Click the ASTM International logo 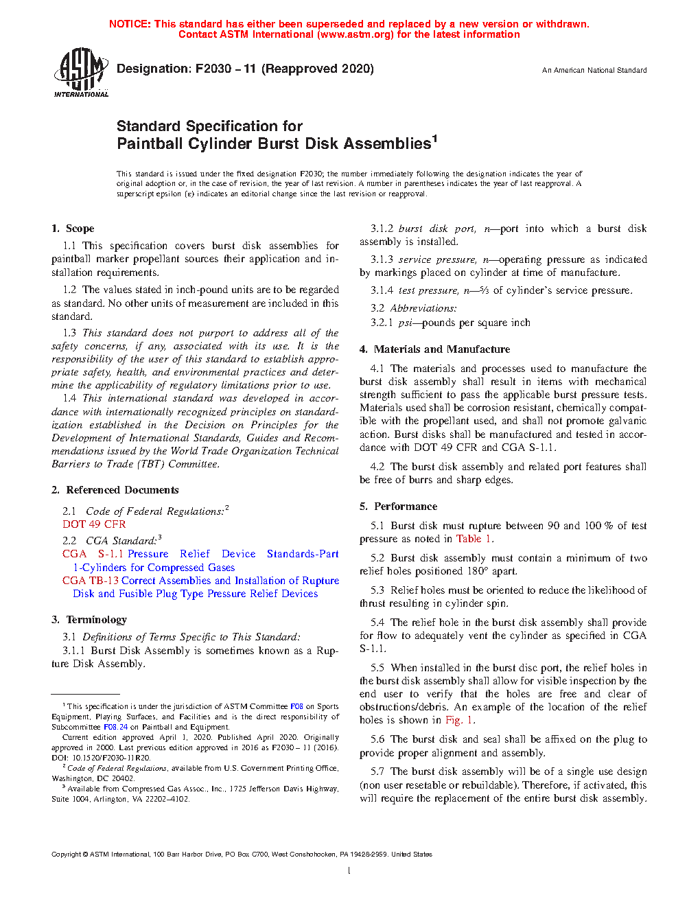coord(81,72)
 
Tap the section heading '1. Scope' coord(73,229)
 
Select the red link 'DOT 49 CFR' coord(94,524)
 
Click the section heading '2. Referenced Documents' coord(115,490)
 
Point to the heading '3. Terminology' coord(89,620)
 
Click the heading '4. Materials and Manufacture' coord(434,349)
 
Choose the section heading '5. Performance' coord(398,507)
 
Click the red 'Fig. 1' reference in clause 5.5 coord(459,720)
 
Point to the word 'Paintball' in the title coord(150,144)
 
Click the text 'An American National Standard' coord(594,70)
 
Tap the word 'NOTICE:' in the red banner coord(130,24)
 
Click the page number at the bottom coord(349,871)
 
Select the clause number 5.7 coord(377,771)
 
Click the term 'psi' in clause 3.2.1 coord(406,323)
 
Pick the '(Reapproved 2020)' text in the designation coord(318,69)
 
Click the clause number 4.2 coord(377,467)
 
